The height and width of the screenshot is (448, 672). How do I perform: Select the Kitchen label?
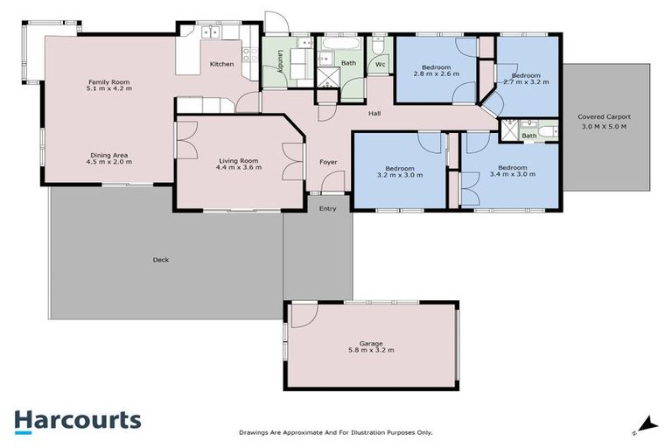point(221,64)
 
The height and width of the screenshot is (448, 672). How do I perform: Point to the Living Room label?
point(238,164)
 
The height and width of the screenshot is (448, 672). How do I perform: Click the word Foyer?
point(327,162)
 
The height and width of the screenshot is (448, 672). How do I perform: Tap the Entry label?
point(327,208)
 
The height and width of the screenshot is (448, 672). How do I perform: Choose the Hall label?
point(374,112)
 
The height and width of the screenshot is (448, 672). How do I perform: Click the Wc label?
point(381,64)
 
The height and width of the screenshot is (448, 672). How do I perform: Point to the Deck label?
point(160,260)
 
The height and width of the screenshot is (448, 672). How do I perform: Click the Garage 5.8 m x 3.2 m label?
point(371,346)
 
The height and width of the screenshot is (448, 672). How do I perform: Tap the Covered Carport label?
point(605,121)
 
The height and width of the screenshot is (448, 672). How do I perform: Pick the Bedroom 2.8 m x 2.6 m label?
point(436,72)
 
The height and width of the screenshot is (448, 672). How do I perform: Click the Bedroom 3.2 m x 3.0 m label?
point(400,171)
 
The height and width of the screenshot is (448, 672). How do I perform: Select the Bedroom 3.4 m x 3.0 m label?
point(512,171)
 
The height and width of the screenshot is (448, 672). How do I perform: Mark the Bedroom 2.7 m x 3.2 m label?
point(528,79)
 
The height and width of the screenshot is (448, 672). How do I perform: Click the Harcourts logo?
point(77,420)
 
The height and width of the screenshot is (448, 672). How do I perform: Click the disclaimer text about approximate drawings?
point(336,432)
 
